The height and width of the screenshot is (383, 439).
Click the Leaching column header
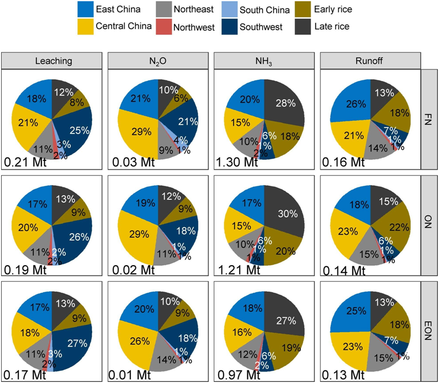(x=52, y=61)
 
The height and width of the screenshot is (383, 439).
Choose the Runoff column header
(x=371, y=61)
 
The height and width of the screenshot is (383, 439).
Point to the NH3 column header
(x=265, y=61)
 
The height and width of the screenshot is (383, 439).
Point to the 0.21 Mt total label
(x=24, y=163)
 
